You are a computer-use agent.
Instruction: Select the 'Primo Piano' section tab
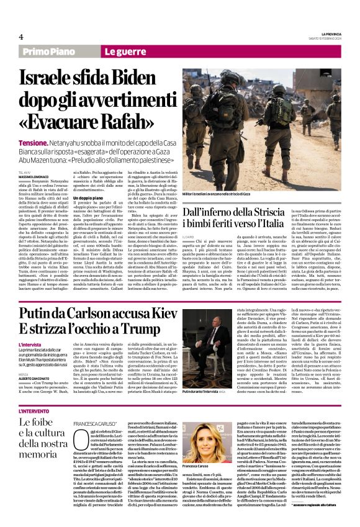tap(47, 53)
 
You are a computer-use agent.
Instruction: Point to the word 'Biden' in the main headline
tap(147, 78)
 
